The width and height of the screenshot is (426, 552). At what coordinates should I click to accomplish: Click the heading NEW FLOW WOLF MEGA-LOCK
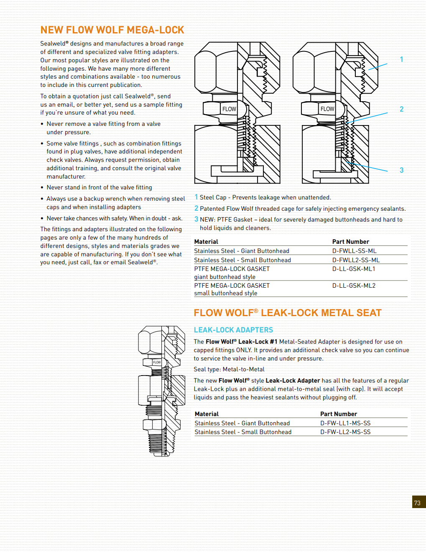click(x=112, y=30)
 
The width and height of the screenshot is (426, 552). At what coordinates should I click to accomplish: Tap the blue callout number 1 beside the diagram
click(x=401, y=59)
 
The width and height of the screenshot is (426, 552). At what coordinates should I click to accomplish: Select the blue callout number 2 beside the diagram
click(x=401, y=109)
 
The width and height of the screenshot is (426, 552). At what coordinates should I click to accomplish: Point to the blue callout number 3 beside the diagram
click(x=401, y=170)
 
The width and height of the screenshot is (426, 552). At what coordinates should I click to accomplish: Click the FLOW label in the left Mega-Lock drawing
click(x=229, y=109)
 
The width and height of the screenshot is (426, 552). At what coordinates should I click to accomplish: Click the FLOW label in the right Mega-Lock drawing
click(x=327, y=109)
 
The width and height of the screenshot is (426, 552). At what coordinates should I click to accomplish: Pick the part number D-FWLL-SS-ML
click(x=354, y=251)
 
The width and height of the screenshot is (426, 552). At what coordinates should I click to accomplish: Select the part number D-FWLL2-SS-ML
click(x=356, y=260)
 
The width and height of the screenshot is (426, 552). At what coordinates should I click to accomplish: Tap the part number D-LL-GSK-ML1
click(x=354, y=269)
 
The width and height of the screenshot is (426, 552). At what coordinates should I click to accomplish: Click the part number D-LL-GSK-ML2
click(x=354, y=286)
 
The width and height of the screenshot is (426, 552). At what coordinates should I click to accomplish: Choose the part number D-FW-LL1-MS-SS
click(x=345, y=423)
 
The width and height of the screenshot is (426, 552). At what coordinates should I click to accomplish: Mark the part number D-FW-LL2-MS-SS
click(x=345, y=432)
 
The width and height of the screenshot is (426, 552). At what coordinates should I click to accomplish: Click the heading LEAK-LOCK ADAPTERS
click(x=233, y=330)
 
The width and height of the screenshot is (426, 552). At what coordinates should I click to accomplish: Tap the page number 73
click(x=417, y=503)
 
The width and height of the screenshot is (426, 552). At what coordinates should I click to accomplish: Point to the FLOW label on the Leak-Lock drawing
click(x=157, y=362)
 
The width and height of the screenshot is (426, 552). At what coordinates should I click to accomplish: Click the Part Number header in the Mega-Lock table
click(x=350, y=242)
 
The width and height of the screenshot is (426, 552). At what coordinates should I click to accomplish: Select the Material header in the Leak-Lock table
click(x=207, y=414)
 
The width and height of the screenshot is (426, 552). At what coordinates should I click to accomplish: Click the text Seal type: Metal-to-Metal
click(x=229, y=369)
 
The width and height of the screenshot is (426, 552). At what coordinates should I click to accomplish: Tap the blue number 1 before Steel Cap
click(x=196, y=197)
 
